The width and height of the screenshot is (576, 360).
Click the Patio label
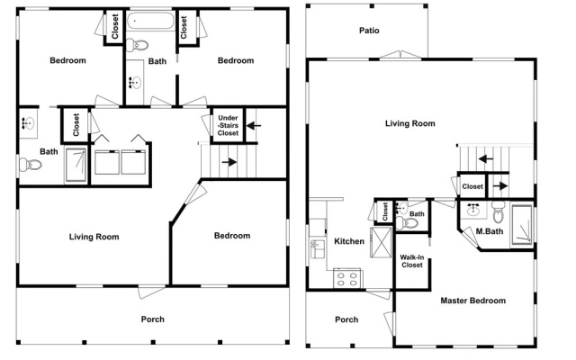(x=369, y=31)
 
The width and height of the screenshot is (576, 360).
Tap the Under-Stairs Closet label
(x=228, y=125)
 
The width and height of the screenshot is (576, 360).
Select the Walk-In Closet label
(x=412, y=261)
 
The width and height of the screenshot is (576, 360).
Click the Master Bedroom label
(x=472, y=301)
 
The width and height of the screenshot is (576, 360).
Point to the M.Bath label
(x=490, y=231)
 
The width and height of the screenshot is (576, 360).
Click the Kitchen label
(x=349, y=241)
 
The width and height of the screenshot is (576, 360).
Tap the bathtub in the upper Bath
(x=150, y=21)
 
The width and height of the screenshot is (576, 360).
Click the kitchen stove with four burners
(x=347, y=278)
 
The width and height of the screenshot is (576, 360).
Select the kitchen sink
(x=318, y=248)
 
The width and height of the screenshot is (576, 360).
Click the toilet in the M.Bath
(x=498, y=212)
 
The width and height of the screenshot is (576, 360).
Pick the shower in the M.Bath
(x=522, y=225)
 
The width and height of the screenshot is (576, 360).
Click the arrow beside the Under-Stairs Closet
(x=254, y=126)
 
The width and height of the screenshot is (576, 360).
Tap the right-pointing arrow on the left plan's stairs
(x=229, y=162)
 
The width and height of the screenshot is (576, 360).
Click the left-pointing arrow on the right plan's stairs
(x=486, y=159)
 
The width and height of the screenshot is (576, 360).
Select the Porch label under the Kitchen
(x=346, y=319)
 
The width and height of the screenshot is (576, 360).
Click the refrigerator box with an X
(x=381, y=242)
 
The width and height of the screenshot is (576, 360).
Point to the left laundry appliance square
(x=107, y=162)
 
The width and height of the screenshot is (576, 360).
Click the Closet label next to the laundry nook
(x=76, y=125)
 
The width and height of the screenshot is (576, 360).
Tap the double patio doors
(x=400, y=54)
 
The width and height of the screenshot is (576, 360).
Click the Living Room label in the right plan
(x=410, y=123)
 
